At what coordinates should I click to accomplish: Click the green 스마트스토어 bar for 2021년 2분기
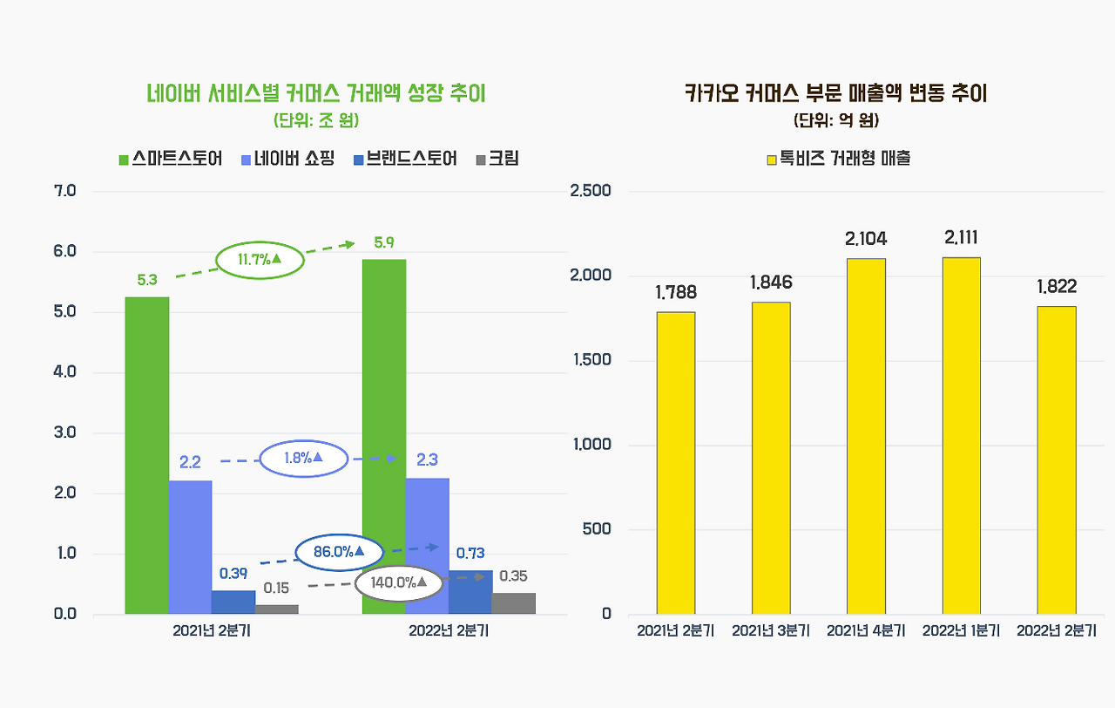[x=147, y=455]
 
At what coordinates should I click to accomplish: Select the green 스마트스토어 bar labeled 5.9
[x=384, y=436]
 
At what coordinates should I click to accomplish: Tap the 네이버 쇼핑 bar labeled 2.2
[x=190, y=547]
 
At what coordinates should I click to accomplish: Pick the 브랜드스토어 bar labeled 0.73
[x=470, y=592]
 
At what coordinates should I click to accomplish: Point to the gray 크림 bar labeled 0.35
[x=513, y=603]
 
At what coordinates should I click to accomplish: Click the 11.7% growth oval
[x=259, y=259]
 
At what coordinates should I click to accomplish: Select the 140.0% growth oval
[x=399, y=582]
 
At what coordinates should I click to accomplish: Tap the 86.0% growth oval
[x=328, y=552]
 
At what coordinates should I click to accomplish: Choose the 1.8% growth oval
[x=303, y=458]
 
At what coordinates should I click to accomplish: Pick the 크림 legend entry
[x=497, y=159]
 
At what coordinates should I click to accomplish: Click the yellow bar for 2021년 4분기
[x=866, y=436]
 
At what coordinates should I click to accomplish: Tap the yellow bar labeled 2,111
[x=962, y=435]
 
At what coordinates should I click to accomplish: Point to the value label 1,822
[x=1057, y=287]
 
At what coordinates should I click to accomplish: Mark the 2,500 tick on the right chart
[x=591, y=191]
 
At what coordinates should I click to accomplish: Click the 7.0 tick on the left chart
[x=65, y=191]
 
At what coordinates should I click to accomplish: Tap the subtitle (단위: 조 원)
[x=315, y=119]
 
